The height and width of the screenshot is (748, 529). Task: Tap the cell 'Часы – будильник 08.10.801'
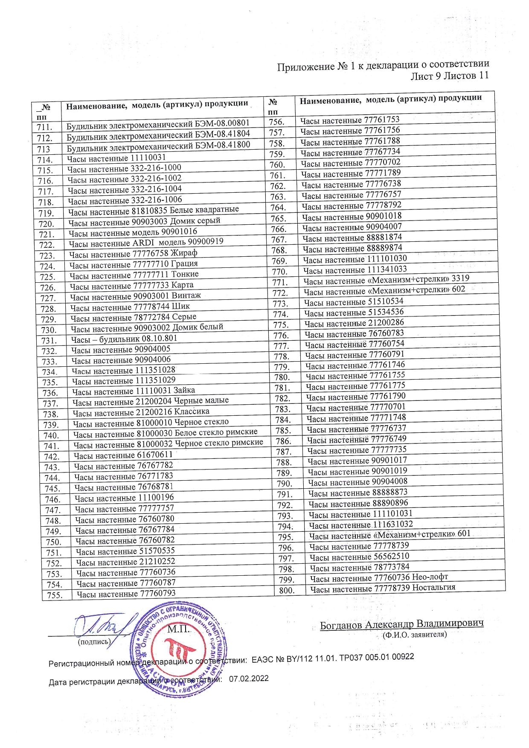(x=124, y=339)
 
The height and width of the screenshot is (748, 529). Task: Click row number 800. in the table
(x=287, y=590)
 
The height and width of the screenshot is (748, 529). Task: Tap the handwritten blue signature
(x=102, y=627)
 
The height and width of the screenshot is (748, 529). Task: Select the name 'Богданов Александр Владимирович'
(x=402, y=624)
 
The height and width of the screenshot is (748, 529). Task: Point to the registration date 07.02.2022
(x=249, y=678)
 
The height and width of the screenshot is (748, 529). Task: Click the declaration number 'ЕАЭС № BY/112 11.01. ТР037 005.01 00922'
(x=333, y=658)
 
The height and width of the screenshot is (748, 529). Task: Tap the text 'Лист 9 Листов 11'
(x=449, y=76)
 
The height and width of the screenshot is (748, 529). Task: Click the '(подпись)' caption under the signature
(x=94, y=641)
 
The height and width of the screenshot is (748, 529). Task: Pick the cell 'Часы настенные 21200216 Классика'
(x=141, y=412)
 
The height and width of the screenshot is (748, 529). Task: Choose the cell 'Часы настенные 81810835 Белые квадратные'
(x=153, y=211)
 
